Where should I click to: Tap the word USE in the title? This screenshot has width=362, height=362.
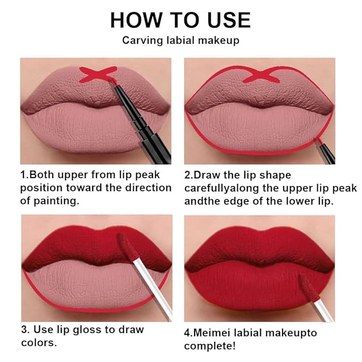click(224, 20)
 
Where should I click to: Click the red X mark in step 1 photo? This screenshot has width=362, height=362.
click(98, 74)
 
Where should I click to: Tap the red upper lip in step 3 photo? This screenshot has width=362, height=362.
click(75, 248)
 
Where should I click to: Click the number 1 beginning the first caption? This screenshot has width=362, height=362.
click(23, 174)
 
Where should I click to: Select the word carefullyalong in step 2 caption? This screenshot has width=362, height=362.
click(219, 188)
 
